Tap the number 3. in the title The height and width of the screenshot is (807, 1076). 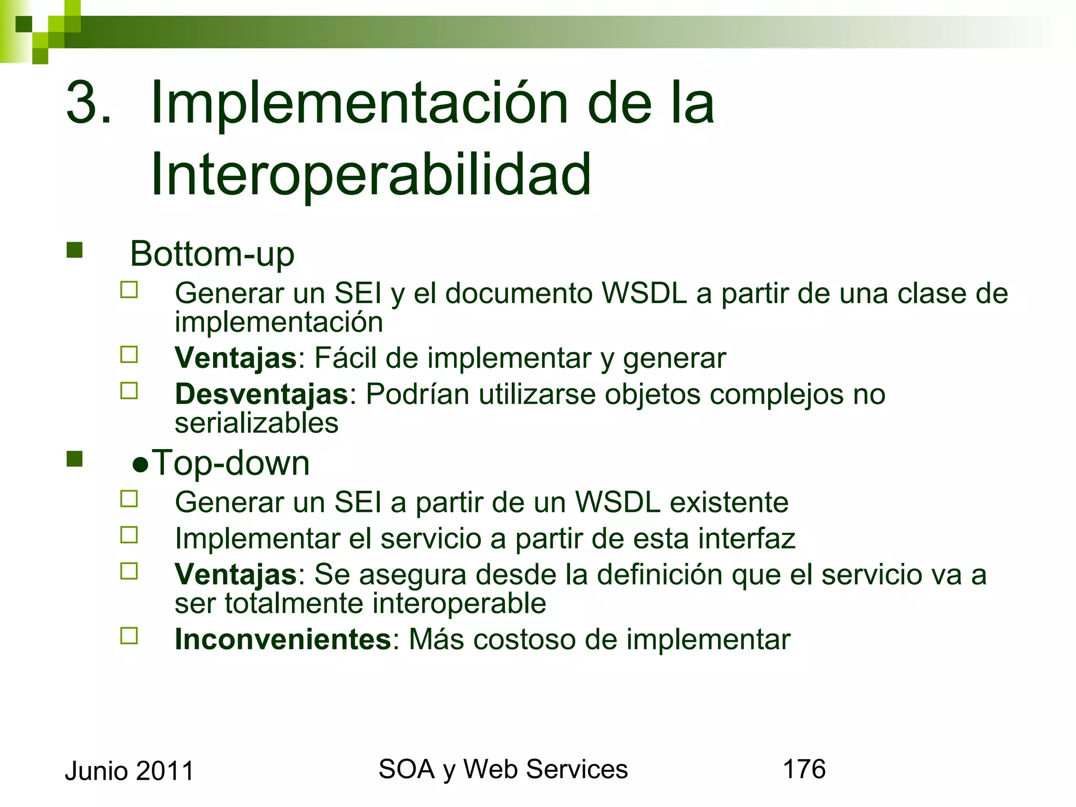point(89,102)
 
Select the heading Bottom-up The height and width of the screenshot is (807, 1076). point(212,254)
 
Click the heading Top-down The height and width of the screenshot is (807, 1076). point(231,463)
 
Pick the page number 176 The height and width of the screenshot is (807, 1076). point(804,769)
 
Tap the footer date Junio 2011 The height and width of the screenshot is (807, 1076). point(129,771)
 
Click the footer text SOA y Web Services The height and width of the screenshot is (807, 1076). point(503,769)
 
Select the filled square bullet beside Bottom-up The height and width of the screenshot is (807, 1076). point(75,250)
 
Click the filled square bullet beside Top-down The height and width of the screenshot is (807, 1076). point(75,459)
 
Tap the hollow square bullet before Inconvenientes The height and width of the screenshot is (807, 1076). point(129,636)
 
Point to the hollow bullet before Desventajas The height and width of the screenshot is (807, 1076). point(129,391)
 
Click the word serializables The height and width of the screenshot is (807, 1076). point(256,423)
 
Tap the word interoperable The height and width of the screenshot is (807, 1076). point(460,603)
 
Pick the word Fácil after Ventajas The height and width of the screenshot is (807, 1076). point(345,358)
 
